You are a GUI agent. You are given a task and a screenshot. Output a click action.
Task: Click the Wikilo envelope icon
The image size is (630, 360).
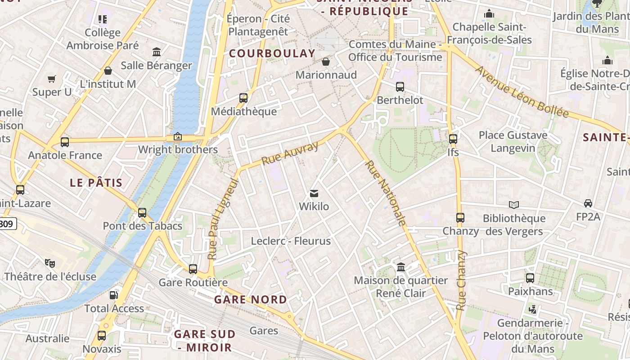click(x=314, y=193)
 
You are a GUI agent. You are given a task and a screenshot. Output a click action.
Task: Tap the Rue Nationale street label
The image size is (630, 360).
click(x=386, y=193)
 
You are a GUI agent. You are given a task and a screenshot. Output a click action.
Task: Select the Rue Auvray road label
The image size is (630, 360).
click(x=290, y=153)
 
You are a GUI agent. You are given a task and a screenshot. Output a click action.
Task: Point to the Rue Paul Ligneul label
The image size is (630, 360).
click(x=222, y=219)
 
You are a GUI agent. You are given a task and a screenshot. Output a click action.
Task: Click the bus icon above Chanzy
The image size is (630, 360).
click(x=460, y=218)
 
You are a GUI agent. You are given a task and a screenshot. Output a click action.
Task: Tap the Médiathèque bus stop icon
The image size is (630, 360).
click(x=243, y=98)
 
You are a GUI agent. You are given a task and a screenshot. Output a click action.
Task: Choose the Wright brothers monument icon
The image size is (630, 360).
click(x=178, y=136)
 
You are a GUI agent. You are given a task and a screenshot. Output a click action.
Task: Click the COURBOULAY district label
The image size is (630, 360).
click(x=272, y=53)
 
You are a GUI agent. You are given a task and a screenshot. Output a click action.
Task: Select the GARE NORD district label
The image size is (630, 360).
click(x=250, y=299)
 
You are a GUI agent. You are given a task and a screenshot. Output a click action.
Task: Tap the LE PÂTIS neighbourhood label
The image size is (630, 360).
click(x=96, y=182)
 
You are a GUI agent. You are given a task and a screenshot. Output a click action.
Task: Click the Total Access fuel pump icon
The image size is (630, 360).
click(x=114, y=295)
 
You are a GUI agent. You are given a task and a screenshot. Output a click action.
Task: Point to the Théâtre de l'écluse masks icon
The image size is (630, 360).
click(x=49, y=263)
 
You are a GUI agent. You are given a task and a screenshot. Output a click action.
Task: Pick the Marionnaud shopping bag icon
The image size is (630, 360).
click(x=326, y=61)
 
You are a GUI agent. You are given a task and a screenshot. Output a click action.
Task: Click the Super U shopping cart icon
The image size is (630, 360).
click(x=52, y=79)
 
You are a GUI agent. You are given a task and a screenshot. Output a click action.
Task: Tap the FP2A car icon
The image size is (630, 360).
click(x=588, y=203)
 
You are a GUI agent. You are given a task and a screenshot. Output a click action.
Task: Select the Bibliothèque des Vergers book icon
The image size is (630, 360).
click(x=514, y=205)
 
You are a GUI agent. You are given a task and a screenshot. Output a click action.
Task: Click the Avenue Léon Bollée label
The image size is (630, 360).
click(x=522, y=92)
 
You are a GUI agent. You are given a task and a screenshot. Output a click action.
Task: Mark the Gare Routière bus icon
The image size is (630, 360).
click(x=193, y=269)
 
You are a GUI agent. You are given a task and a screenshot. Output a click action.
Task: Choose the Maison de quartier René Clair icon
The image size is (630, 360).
click(x=401, y=267)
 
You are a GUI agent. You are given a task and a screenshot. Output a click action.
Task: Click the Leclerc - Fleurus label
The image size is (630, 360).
click(x=291, y=241)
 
